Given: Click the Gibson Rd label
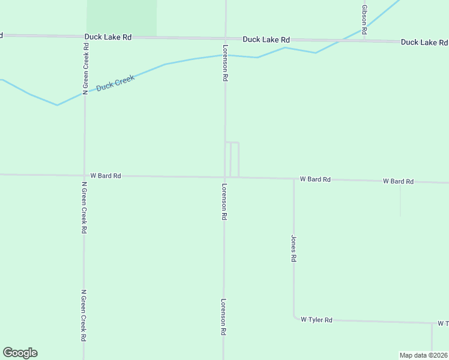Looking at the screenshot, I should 364,17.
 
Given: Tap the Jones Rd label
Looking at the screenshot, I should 294,248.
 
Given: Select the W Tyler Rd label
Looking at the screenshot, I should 316,320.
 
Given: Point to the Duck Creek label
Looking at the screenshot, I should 115,83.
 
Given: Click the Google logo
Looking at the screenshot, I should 20,353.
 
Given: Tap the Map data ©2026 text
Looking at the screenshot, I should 423,355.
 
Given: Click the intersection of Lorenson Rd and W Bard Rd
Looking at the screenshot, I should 225,177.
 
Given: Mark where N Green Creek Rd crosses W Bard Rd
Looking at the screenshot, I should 84,176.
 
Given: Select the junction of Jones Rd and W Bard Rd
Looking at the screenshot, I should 294,178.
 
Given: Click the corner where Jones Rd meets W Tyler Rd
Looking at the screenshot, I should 294,317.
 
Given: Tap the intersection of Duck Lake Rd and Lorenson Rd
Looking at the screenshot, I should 226,38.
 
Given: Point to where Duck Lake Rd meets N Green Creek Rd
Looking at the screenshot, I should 85,37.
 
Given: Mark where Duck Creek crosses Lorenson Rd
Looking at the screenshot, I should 226,55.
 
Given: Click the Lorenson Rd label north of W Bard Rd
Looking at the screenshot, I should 226,63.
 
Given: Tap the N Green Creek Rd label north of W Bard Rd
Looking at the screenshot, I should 86,67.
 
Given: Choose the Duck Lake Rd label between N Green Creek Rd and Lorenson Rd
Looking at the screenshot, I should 108,37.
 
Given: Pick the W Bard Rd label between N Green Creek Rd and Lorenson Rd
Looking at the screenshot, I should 106,176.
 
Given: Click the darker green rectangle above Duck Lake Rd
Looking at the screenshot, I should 122,17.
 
